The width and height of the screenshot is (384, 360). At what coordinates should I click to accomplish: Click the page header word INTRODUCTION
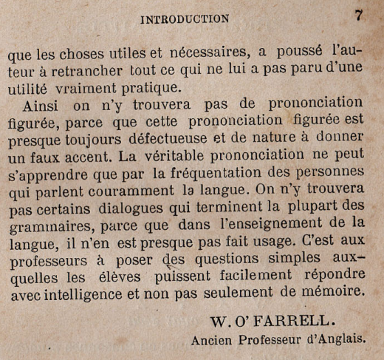184,18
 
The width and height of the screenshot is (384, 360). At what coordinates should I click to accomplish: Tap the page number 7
359,15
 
